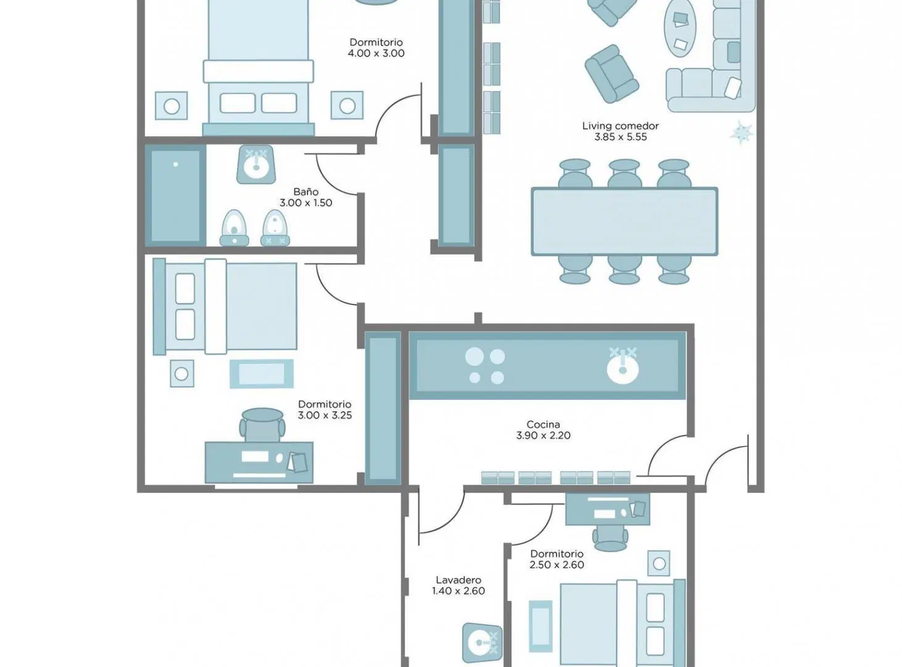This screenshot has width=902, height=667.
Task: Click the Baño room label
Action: [306, 191]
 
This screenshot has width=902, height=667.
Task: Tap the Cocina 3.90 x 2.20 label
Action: [543, 430]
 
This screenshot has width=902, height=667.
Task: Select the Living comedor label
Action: [620, 126]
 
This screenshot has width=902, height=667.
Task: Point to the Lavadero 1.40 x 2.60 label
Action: [458, 585]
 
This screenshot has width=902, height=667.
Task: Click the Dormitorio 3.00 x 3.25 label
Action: [325, 410]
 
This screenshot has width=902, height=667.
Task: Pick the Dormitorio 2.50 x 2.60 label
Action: [557, 559]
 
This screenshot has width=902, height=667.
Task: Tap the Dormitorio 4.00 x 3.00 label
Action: [376, 48]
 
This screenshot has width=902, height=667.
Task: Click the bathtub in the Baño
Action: [175, 196]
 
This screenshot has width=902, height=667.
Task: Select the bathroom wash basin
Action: [256, 164]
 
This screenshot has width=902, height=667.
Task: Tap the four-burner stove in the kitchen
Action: [485, 366]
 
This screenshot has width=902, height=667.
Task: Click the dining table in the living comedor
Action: [625, 222]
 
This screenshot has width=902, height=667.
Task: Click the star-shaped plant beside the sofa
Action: [741, 132]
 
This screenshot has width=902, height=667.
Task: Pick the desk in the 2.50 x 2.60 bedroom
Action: [608, 509]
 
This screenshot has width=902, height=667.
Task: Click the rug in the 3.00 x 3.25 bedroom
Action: [262, 374]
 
